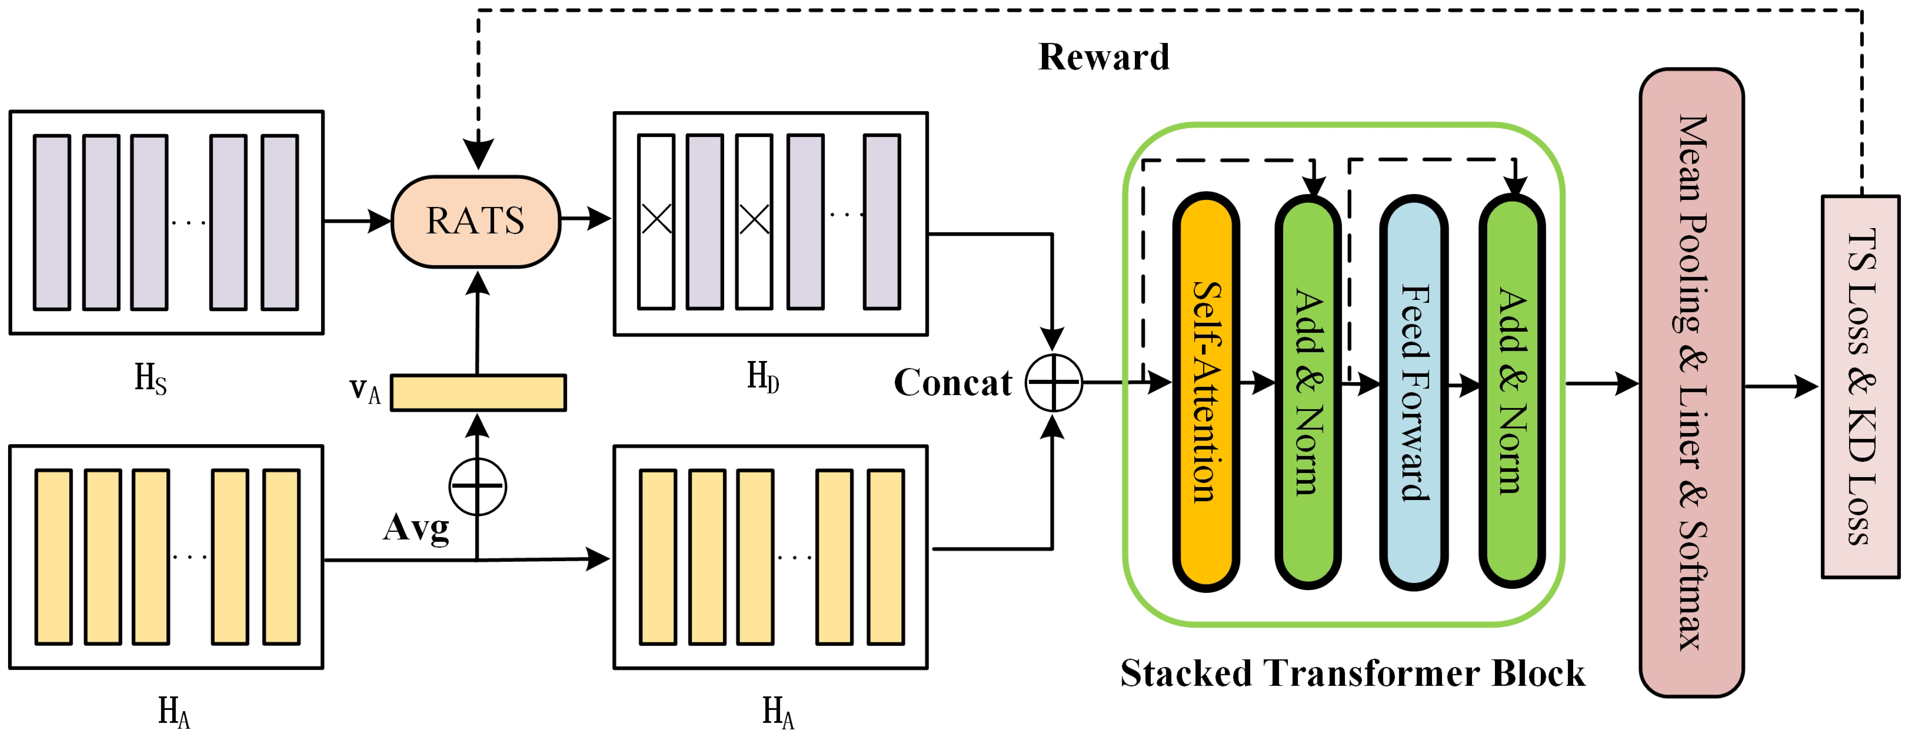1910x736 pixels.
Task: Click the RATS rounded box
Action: coord(475,221)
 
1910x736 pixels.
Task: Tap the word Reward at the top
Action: coord(1103,57)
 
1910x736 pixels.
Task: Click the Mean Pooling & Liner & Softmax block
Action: coord(1691,382)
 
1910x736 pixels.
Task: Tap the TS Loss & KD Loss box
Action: coord(1860,386)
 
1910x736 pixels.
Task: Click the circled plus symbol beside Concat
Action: coord(1053,382)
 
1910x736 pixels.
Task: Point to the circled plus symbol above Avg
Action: coord(477,486)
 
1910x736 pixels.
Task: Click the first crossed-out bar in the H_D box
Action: coord(656,221)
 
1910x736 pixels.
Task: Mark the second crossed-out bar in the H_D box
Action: coord(754,221)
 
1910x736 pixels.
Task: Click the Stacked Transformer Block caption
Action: coord(1352,673)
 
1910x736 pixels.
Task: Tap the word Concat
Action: coord(953,382)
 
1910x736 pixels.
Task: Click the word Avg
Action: coord(416,528)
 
